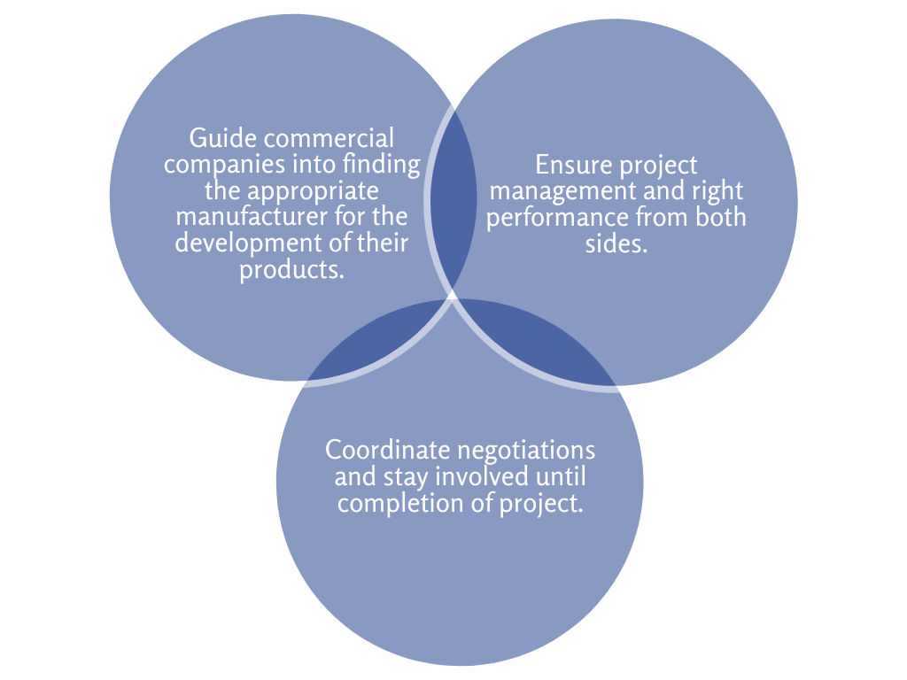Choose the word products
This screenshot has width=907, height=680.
pos(291,268)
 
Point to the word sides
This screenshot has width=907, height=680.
pos(616,243)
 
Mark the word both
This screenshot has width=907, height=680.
pos(718,217)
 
